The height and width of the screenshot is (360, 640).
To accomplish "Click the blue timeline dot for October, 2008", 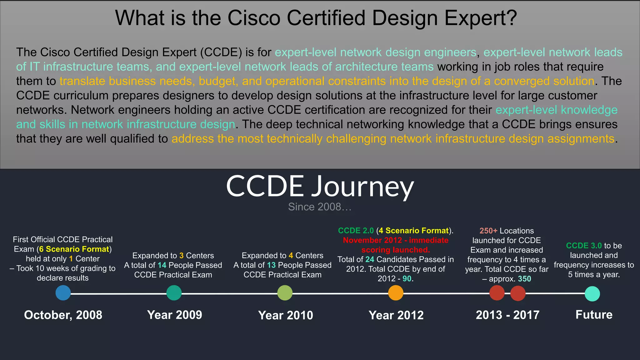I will pyautogui.click(x=63, y=293).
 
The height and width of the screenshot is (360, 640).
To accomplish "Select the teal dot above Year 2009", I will pyautogui.click(x=174, y=293).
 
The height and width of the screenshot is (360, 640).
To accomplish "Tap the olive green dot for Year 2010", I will pyautogui.click(x=285, y=293).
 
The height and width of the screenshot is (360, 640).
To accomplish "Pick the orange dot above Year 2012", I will pyautogui.click(x=396, y=293).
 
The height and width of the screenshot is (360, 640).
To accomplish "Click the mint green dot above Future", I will pyautogui.click(x=592, y=294).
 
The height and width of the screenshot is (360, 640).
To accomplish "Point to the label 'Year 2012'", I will pyautogui.click(x=396, y=315).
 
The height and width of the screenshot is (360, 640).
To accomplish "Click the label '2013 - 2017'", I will pyautogui.click(x=507, y=315).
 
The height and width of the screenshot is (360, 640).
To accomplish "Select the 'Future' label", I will pyautogui.click(x=594, y=314).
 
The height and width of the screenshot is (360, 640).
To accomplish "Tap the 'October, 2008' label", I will pyautogui.click(x=63, y=315).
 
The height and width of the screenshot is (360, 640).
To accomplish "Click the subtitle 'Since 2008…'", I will pyautogui.click(x=320, y=207).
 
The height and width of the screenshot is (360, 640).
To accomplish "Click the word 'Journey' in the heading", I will pyautogui.click(x=362, y=187).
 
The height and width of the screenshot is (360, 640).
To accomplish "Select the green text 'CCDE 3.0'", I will pyautogui.click(x=584, y=246).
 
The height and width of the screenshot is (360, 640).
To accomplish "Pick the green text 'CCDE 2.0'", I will pyautogui.click(x=356, y=231).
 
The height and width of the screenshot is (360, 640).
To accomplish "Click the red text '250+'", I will pyautogui.click(x=488, y=231).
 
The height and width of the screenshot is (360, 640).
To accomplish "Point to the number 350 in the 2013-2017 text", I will pyautogui.click(x=524, y=279).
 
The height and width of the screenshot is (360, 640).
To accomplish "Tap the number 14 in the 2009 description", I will pyautogui.click(x=162, y=265).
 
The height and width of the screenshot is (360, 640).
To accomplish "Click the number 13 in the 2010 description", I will pyautogui.click(x=271, y=265).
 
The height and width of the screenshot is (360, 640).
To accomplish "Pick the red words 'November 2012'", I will pyautogui.click(x=372, y=240).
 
